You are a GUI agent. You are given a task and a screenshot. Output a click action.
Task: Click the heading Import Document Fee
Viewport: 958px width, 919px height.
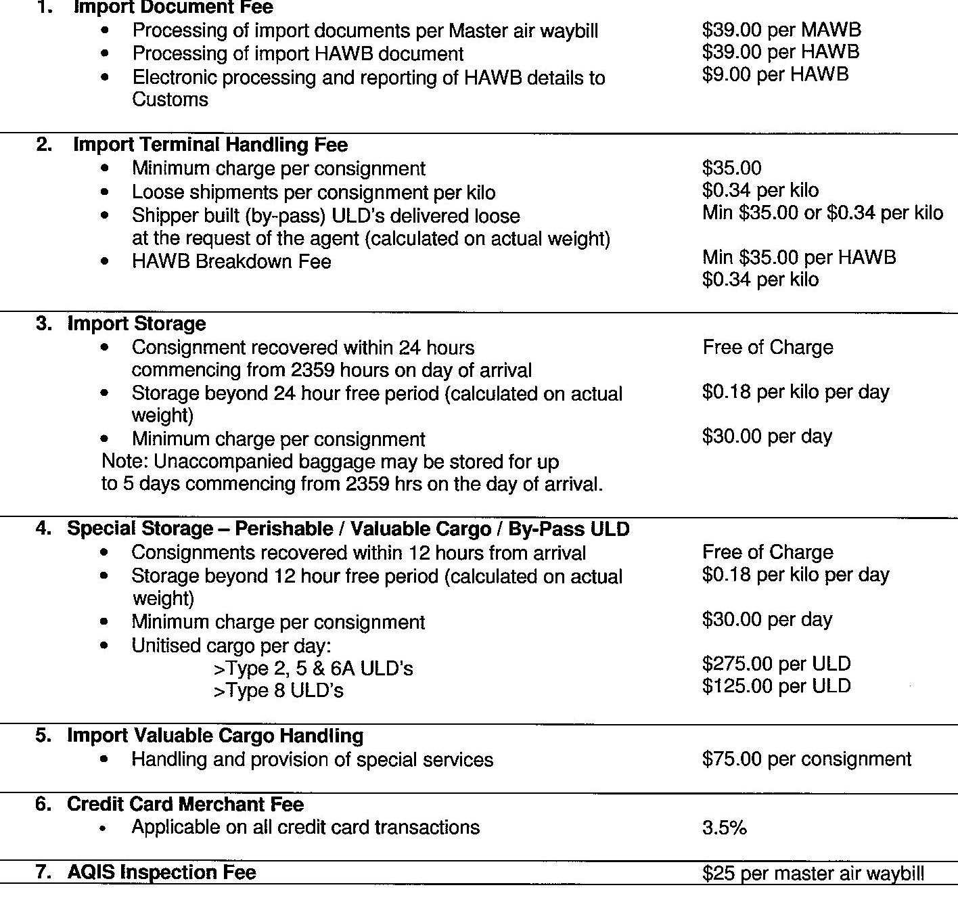click(173, 7)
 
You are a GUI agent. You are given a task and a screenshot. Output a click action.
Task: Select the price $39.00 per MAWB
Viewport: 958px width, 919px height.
click(781, 30)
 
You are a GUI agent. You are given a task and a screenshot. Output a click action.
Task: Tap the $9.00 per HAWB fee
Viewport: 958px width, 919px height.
click(775, 74)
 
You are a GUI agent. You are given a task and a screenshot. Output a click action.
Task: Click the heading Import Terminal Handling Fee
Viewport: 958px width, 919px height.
click(210, 145)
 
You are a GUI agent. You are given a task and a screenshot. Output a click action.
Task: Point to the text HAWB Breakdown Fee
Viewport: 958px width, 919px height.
click(231, 262)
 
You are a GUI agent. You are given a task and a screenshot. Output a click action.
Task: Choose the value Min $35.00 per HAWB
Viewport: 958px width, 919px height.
click(799, 257)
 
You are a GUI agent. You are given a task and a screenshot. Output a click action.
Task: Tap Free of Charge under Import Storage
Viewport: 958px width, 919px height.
click(767, 347)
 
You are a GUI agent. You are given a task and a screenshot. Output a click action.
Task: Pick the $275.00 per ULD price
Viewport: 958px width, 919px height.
click(776, 664)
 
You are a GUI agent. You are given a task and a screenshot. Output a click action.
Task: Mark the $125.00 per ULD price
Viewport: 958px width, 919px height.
click(776, 686)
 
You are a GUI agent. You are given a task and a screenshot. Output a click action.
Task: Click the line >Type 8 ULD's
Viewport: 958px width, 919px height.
click(278, 691)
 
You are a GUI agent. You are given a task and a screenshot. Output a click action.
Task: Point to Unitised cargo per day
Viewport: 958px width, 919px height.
click(231, 645)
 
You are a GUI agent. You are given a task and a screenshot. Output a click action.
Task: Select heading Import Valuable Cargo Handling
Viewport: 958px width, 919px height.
click(214, 736)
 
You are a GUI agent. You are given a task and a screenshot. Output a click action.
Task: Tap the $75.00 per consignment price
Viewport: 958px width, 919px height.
click(806, 759)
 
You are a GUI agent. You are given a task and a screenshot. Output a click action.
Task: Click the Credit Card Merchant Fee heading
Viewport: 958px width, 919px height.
click(185, 804)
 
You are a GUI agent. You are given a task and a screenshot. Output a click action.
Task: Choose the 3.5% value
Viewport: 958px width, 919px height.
click(724, 828)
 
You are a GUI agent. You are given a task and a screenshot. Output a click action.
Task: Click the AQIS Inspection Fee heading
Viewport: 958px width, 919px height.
click(161, 872)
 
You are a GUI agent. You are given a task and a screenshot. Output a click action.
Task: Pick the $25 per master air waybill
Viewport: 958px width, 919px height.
click(813, 874)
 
